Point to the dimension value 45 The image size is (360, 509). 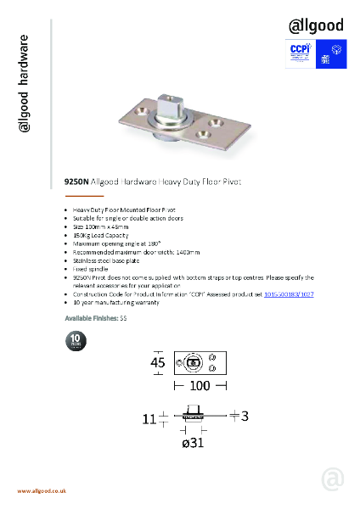pos(157,363)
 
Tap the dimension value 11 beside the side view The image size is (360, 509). pos(149,418)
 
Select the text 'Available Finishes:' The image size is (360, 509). pos(92,317)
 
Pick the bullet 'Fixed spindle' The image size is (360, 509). pos(87,269)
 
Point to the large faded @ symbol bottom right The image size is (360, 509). pos(333,478)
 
